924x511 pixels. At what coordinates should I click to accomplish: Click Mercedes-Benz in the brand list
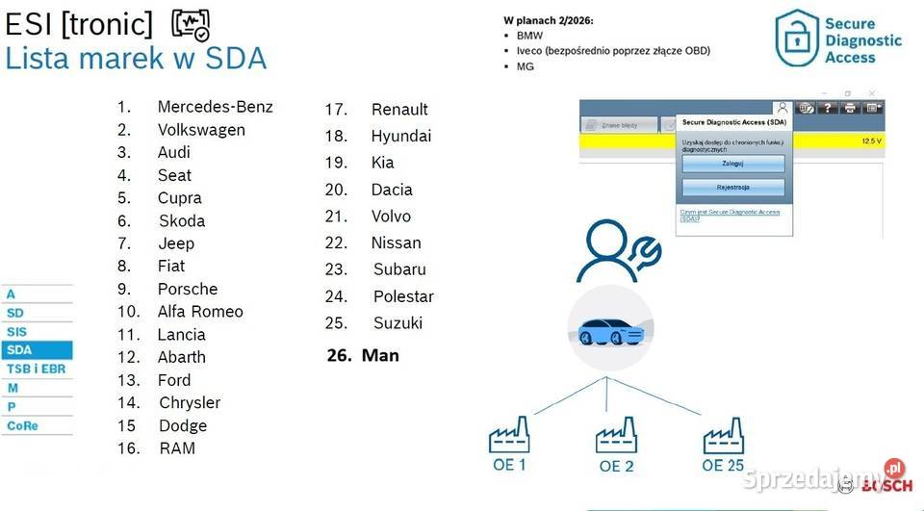coord(215,107)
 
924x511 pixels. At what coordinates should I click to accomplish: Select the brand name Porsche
coord(188,289)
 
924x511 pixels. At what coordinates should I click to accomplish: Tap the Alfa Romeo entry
coord(200,312)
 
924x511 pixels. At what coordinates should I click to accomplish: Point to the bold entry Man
coord(380,355)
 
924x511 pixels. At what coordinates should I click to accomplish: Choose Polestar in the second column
coord(403,296)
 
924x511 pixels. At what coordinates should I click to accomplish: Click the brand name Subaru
coord(399,269)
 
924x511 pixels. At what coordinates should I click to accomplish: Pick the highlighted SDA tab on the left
coord(36,350)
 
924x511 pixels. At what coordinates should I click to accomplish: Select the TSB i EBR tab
coord(36,369)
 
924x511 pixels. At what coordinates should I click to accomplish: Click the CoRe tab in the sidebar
coord(36,425)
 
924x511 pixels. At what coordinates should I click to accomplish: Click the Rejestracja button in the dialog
coord(732,187)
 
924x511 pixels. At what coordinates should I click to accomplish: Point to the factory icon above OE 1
coord(509,436)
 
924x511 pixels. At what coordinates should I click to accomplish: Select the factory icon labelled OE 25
coord(723,436)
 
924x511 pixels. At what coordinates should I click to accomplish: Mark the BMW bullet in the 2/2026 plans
coord(529,36)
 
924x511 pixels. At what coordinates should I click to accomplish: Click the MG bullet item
coord(526,66)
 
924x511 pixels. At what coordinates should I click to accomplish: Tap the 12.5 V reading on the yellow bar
coord(871,141)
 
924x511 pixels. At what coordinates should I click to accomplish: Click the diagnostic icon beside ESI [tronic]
coord(191,24)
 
